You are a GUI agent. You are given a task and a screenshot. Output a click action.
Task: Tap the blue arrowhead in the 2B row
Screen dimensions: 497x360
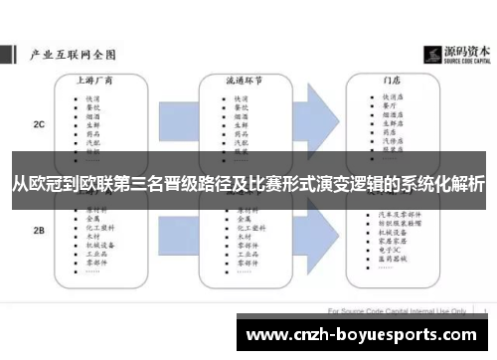tap(320, 231)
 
